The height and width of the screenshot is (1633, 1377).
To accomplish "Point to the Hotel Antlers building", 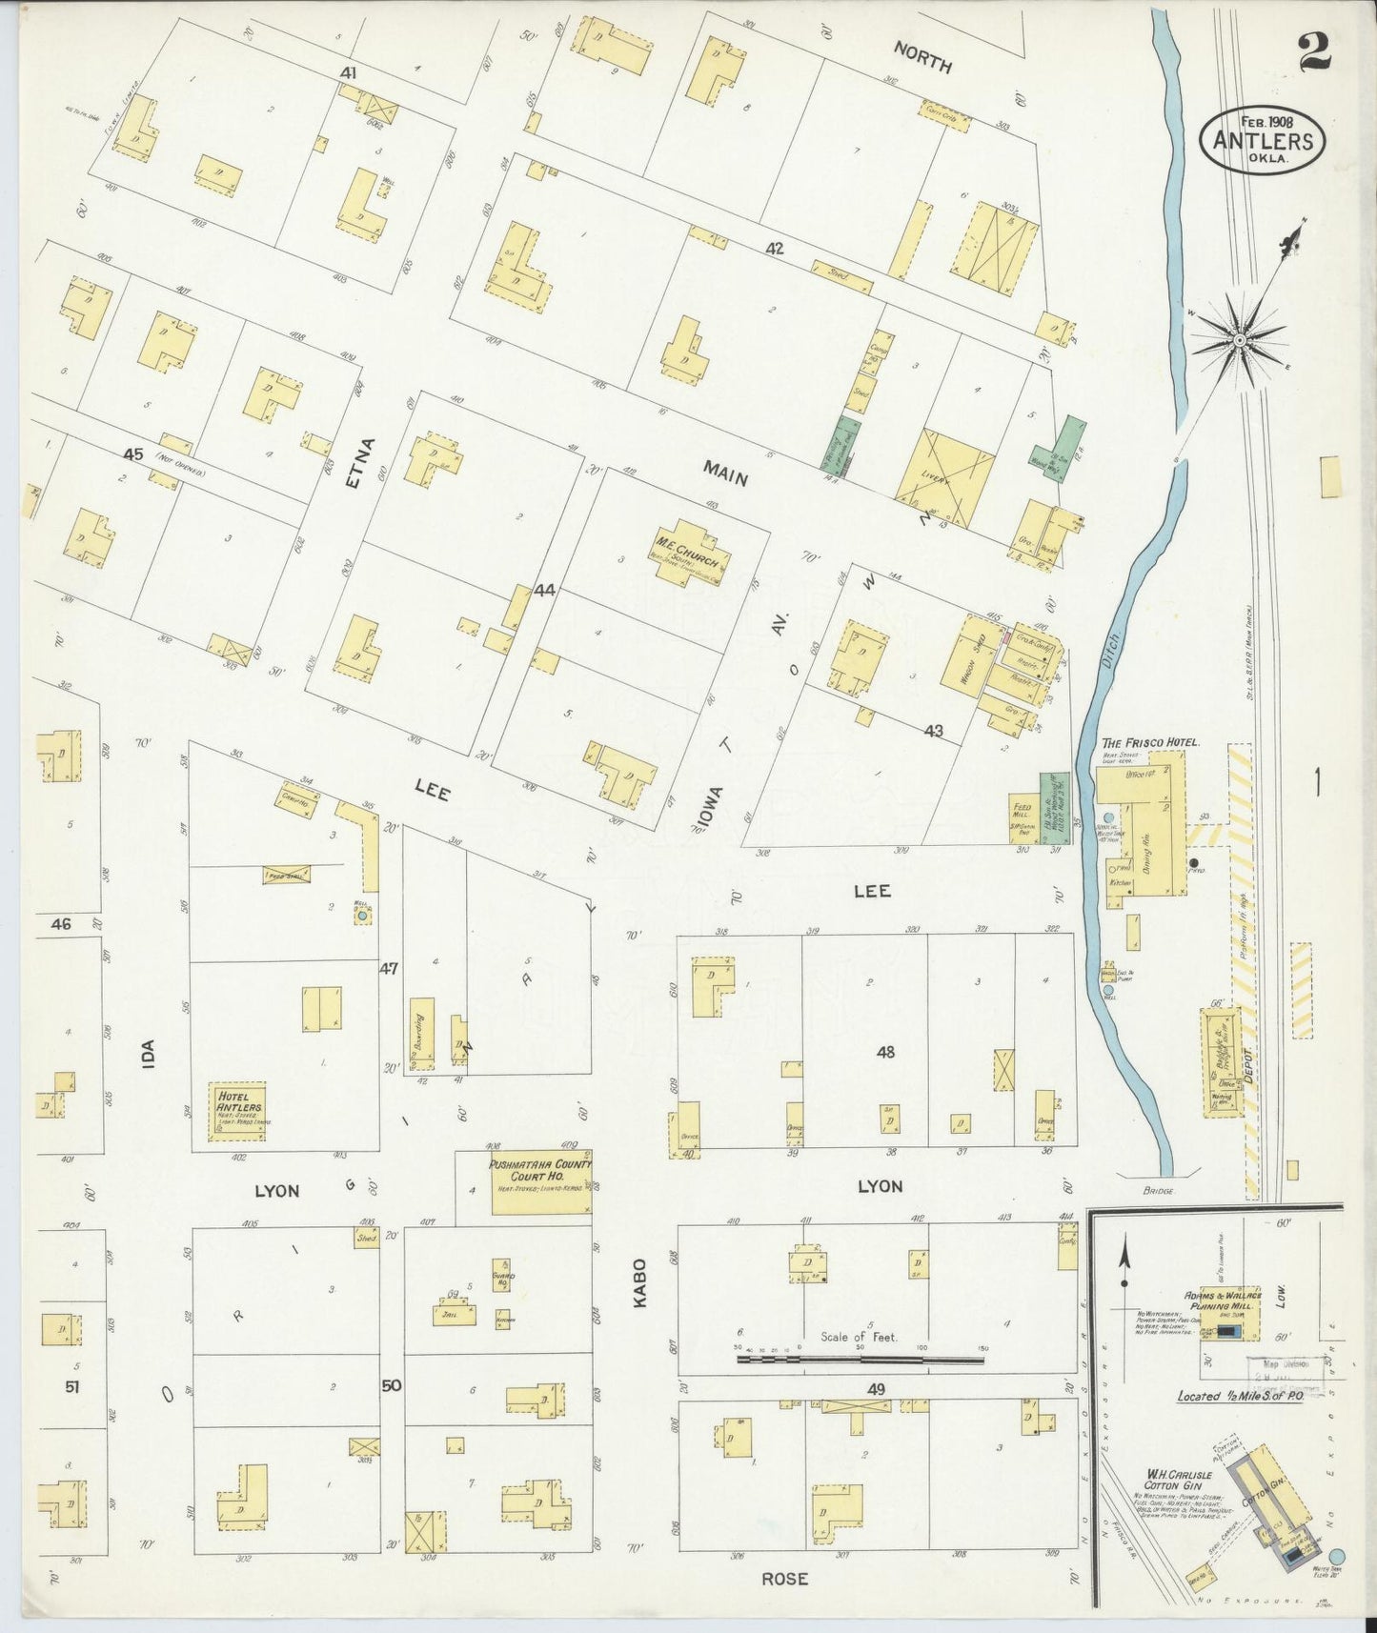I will point(237,1111).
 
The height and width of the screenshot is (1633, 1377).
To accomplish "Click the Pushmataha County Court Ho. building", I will point(540,1181).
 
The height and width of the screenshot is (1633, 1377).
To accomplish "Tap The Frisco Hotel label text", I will point(1149,741).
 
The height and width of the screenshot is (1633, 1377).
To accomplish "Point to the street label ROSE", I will point(784,1578).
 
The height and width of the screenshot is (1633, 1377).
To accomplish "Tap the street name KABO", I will point(638,1282).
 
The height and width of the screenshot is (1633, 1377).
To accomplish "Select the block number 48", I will point(885,1052).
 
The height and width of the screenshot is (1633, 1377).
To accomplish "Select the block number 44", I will point(543,590).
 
